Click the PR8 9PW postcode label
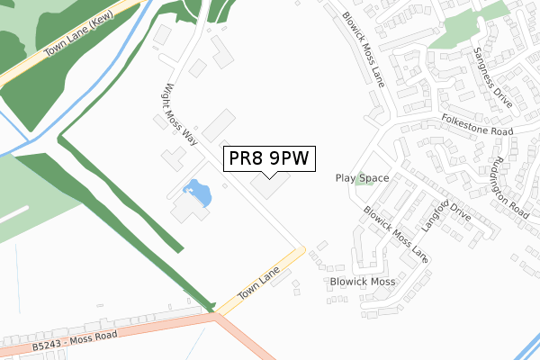pos(269,159)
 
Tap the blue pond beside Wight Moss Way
pos(196,193)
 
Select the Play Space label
pos(363,178)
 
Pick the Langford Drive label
pos(447,214)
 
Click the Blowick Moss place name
pos(363,282)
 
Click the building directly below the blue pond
pos(190,210)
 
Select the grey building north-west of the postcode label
pos(218,124)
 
